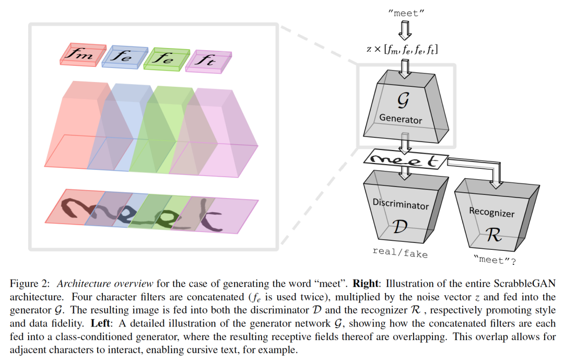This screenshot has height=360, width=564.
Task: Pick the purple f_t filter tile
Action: coord(209,61)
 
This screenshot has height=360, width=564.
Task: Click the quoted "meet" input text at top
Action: coord(405,14)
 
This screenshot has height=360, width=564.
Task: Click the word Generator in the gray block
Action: coord(401,119)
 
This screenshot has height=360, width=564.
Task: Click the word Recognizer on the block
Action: coord(491,213)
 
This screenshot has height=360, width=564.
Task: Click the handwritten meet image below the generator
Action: coord(407,160)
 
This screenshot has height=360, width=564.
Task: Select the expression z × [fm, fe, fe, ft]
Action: coord(402,50)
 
